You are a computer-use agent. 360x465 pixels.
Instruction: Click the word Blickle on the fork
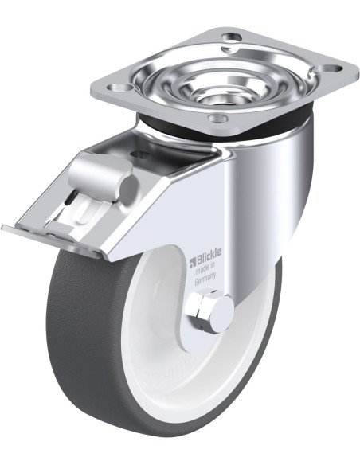tap(208, 253)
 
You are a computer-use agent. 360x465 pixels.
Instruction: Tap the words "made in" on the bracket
tap(205, 266)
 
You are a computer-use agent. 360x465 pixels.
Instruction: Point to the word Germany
tap(205, 279)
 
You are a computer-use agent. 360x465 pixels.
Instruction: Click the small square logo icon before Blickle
tap(192, 260)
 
